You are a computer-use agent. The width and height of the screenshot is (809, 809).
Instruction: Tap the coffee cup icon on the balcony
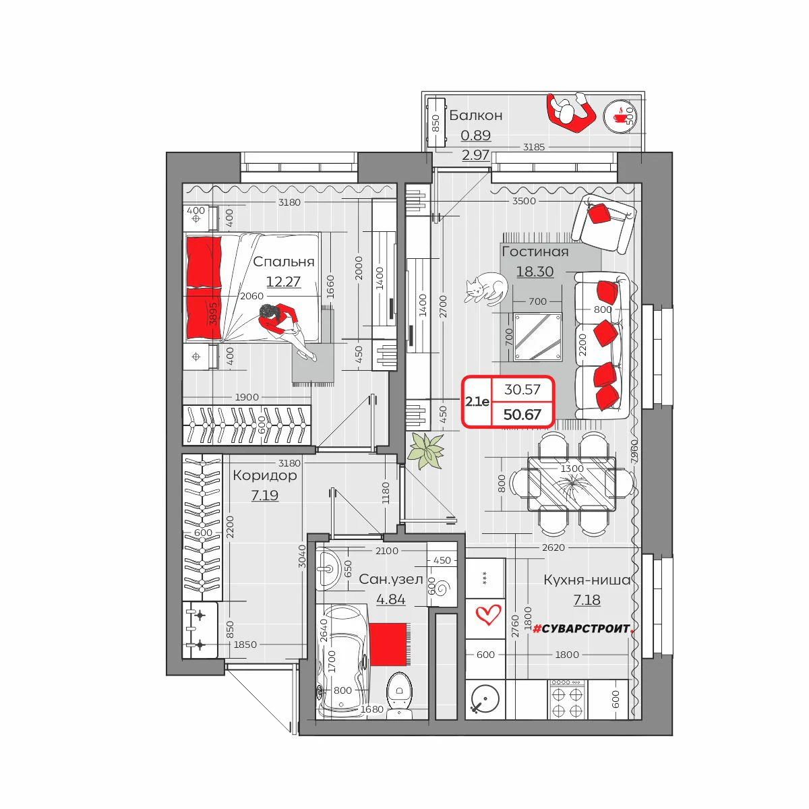pyautogui.click(x=620, y=116)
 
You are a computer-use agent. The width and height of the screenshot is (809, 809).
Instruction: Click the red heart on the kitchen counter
pyautogui.click(x=488, y=615)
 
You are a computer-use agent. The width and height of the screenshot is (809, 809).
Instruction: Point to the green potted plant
pyautogui.click(x=427, y=451)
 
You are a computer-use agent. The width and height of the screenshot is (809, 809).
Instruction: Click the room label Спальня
pyautogui.click(x=283, y=262)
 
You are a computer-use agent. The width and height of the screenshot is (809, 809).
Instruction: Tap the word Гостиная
pyautogui.click(x=535, y=251)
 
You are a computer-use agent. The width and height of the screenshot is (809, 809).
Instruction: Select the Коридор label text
pyautogui.click(x=264, y=476)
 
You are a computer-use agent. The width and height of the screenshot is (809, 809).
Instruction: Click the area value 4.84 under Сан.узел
pyautogui.click(x=390, y=599)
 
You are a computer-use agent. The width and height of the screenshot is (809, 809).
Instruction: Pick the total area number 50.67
pyautogui.click(x=522, y=415)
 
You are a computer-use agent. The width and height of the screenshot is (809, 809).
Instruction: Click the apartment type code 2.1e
pyautogui.click(x=477, y=401)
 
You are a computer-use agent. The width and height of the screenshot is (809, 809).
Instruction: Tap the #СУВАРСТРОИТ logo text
pyautogui.click(x=582, y=628)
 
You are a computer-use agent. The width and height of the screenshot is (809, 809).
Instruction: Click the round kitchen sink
pyautogui.click(x=485, y=700)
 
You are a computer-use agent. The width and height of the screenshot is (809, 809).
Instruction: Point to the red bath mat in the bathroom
pyautogui.click(x=388, y=645)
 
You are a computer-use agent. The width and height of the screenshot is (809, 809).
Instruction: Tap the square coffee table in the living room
pyautogui.click(x=538, y=336)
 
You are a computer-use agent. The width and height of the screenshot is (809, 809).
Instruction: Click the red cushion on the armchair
pyautogui.click(x=600, y=214)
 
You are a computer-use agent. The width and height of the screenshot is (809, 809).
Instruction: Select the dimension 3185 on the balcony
pyautogui.click(x=533, y=147)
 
